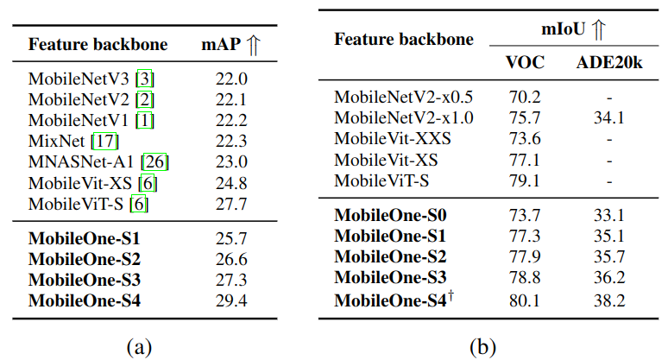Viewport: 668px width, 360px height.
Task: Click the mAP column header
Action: click(220, 45)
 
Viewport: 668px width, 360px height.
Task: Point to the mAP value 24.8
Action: click(230, 182)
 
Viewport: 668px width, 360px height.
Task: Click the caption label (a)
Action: click(139, 346)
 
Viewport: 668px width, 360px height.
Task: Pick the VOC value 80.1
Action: click(524, 300)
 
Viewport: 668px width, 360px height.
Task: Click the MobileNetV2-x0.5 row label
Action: click(403, 97)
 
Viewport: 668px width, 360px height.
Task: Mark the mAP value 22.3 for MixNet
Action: click(230, 140)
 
